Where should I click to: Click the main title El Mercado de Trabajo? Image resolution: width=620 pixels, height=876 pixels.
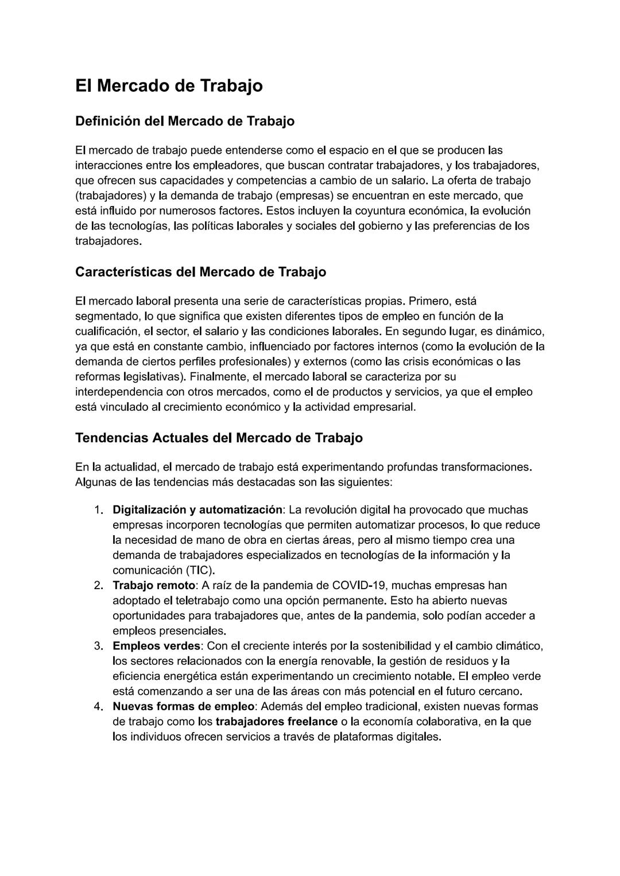coord(169,85)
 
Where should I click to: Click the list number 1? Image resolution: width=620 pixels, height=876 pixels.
coord(98,510)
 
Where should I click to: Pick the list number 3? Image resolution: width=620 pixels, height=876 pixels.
coord(98,646)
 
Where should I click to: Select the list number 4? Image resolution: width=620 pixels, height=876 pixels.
coord(98,706)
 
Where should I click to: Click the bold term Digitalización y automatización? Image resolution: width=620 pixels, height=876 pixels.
coord(197,510)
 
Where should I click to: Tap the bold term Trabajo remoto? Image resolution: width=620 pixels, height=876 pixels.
coord(154,586)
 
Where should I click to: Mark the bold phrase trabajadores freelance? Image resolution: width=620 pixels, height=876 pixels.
coord(276,722)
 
